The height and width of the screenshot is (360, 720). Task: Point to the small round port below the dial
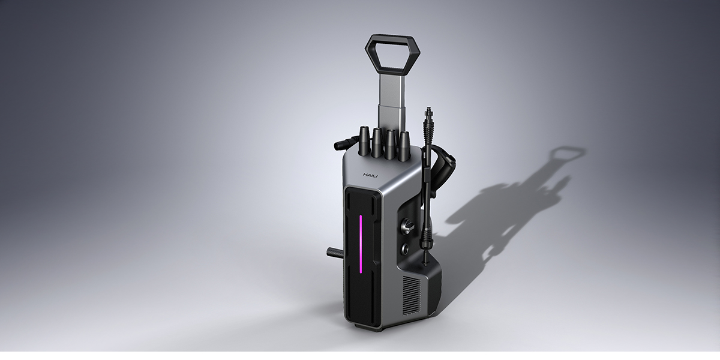tap(406, 247)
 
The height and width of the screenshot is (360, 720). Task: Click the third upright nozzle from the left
tap(391, 144)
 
